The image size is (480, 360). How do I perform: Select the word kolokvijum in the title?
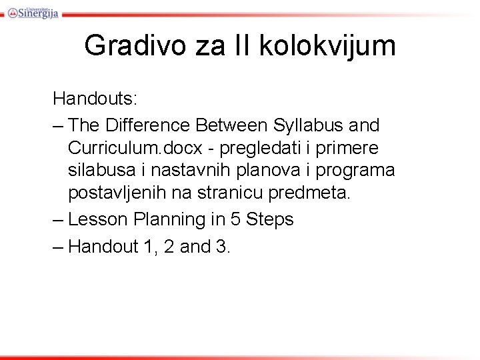pos(325,45)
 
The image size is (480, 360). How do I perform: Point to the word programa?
pos(355,171)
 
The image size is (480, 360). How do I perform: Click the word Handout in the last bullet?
pos(103,246)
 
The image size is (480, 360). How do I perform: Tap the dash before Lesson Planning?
pos(59,219)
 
